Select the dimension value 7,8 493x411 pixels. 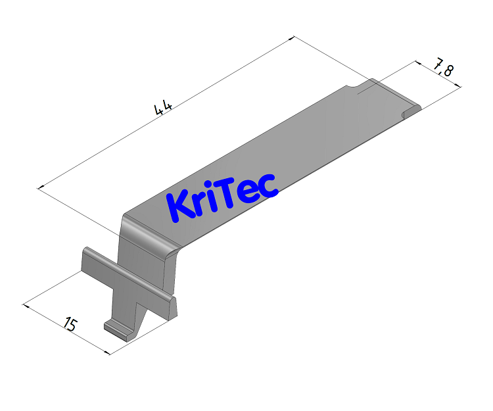(442, 68)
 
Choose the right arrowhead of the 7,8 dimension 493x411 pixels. (458, 85)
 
